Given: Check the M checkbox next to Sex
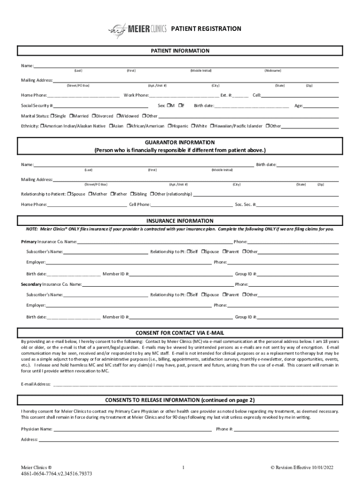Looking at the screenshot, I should click(x=169, y=106).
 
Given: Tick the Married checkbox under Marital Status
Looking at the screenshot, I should click(x=71, y=116).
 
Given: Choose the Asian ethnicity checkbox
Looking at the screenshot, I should click(x=111, y=126).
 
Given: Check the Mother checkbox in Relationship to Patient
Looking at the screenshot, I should click(x=90, y=194).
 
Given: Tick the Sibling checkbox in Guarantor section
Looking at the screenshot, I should click(x=132, y=194).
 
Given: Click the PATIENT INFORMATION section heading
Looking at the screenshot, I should click(x=180, y=51).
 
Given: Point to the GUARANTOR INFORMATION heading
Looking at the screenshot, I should click(x=180, y=142).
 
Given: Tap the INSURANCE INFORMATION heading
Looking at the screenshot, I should click(x=180, y=221).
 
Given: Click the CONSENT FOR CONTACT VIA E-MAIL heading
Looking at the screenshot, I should click(x=180, y=333).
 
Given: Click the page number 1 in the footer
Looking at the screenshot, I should click(x=184, y=467).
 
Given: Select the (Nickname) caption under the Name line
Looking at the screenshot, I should click(x=273, y=71).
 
